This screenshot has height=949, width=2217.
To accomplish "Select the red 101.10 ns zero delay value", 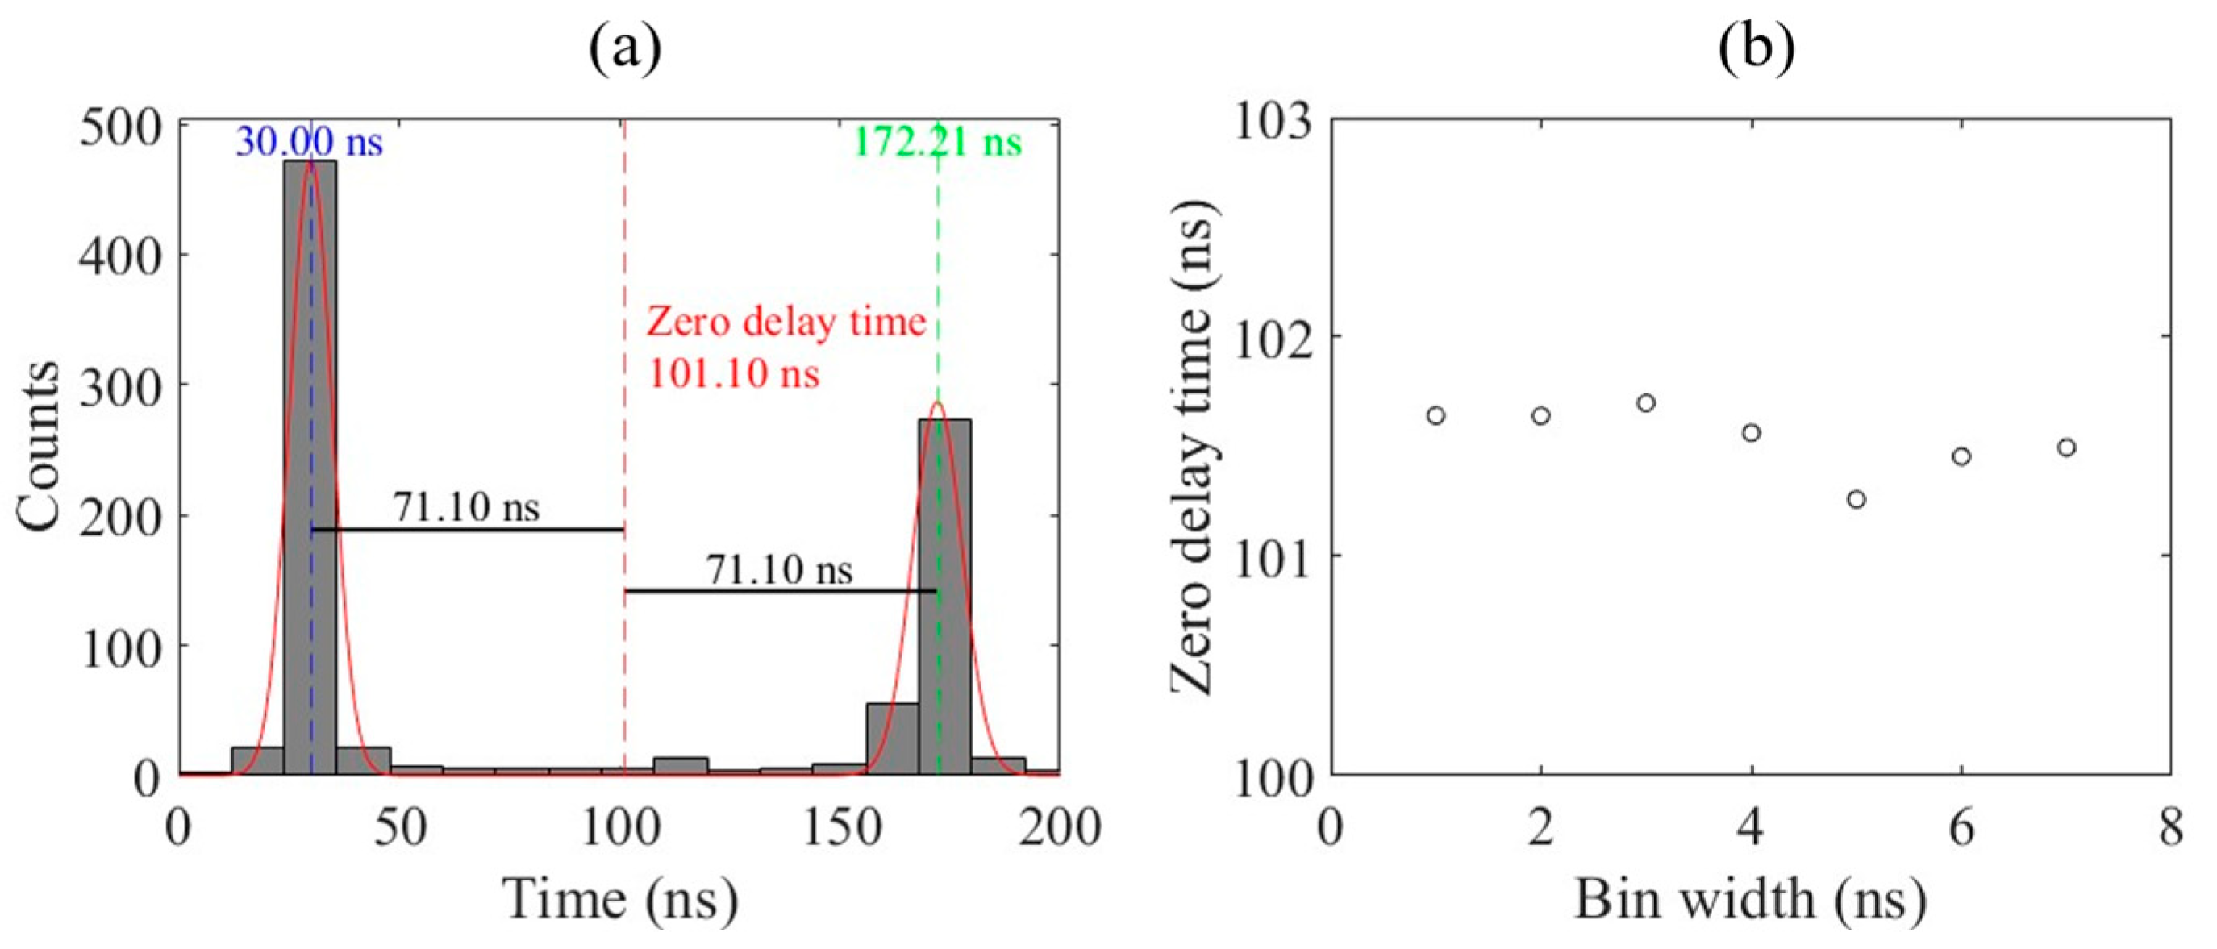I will coord(733,374).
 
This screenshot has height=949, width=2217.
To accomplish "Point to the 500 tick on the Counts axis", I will coord(120,129).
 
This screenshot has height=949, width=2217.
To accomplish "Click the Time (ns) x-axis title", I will coord(619,900).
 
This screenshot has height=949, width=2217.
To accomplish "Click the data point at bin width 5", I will coord(1857,499).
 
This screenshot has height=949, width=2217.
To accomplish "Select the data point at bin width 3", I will coord(1646,402).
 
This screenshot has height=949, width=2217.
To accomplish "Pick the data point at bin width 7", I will coord(2066,447).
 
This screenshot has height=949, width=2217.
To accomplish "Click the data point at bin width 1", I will coord(1436,415).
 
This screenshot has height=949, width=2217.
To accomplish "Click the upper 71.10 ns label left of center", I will coord(466,508).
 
